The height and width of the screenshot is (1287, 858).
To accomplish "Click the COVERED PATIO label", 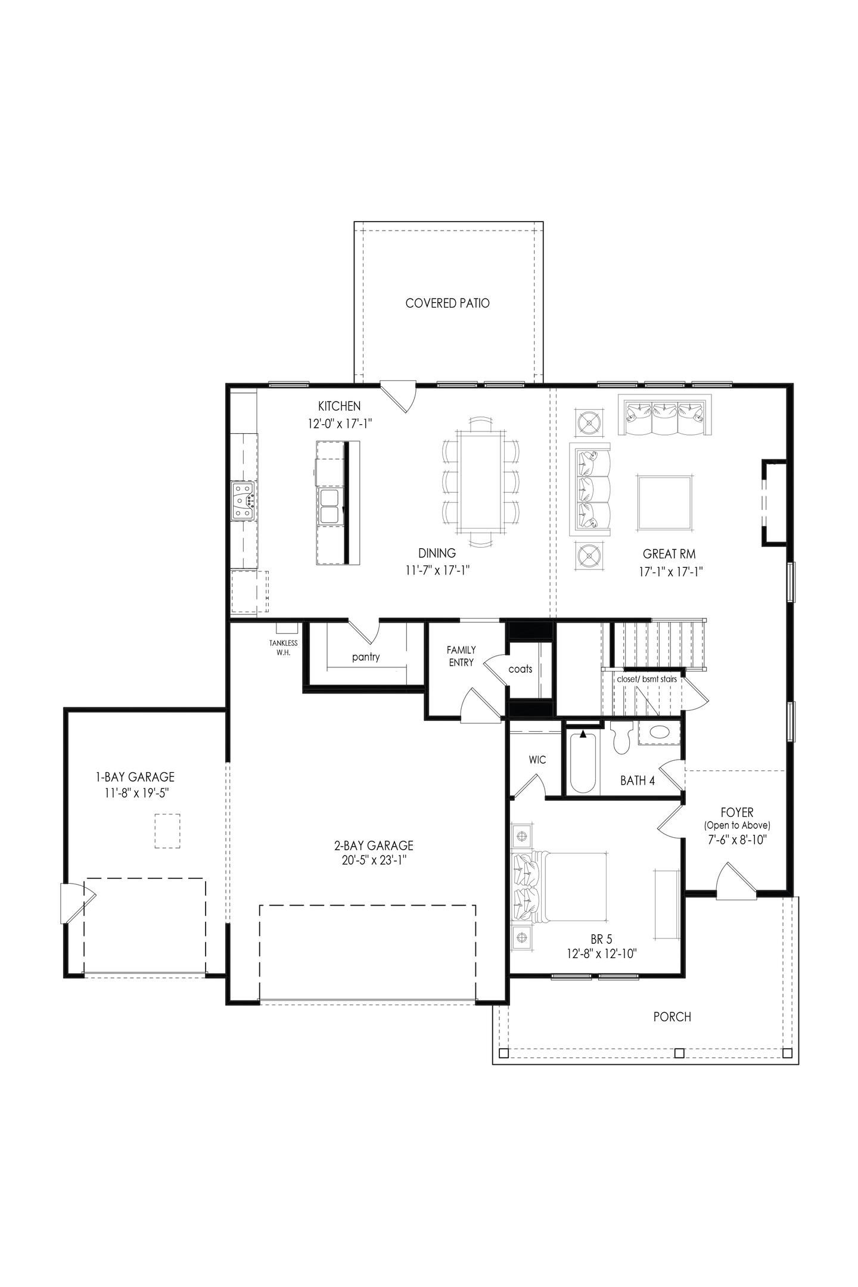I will pos(447,303).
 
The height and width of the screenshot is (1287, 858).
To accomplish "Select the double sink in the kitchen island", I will pos(328,498).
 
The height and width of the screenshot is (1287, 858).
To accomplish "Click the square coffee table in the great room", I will pos(664,502).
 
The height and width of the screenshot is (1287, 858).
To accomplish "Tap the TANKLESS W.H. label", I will pos(283,648).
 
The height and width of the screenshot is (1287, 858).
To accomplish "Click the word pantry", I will pos(366,657).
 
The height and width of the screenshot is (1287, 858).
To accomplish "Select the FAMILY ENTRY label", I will pos(461,656).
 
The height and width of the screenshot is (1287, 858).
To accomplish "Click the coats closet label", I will pos(520,669).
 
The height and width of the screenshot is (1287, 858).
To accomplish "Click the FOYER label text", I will pos(737,813).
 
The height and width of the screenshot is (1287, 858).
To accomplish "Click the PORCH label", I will pos(672,1016).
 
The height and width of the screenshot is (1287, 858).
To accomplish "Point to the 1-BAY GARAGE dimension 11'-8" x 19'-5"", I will pos(135,792).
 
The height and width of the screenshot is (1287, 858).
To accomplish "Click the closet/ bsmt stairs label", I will pos(646,679).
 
